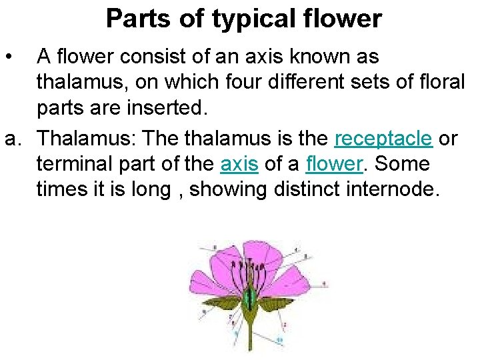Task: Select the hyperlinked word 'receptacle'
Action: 383,138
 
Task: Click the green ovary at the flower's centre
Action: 249,297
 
